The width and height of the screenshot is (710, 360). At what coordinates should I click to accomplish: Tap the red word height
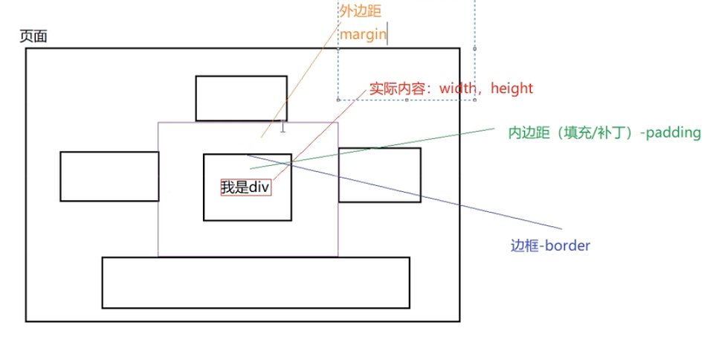coord(511,89)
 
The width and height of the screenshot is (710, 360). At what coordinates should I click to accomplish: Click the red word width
coord(457,89)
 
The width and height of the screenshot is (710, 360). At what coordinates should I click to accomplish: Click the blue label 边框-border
coord(550,245)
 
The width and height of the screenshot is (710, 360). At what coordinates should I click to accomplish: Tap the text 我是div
coord(245,187)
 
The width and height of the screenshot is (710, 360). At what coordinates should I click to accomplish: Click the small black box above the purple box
coord(241,98)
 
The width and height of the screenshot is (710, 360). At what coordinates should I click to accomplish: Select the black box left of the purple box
coord(109,176)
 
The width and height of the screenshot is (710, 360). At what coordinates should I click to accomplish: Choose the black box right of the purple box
coord(380,175)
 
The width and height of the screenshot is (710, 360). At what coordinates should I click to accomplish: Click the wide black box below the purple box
coord(256,283)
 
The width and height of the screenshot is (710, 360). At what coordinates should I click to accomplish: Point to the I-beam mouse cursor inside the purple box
coord(283,128)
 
